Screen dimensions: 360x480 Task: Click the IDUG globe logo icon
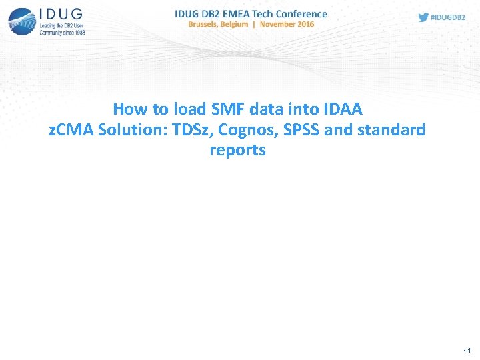[x=22, y=21]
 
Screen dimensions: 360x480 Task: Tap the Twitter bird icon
[x=423, y=17]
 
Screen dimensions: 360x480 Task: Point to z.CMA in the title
[x=71, y=129]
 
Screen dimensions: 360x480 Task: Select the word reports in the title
[x=237, y=150]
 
